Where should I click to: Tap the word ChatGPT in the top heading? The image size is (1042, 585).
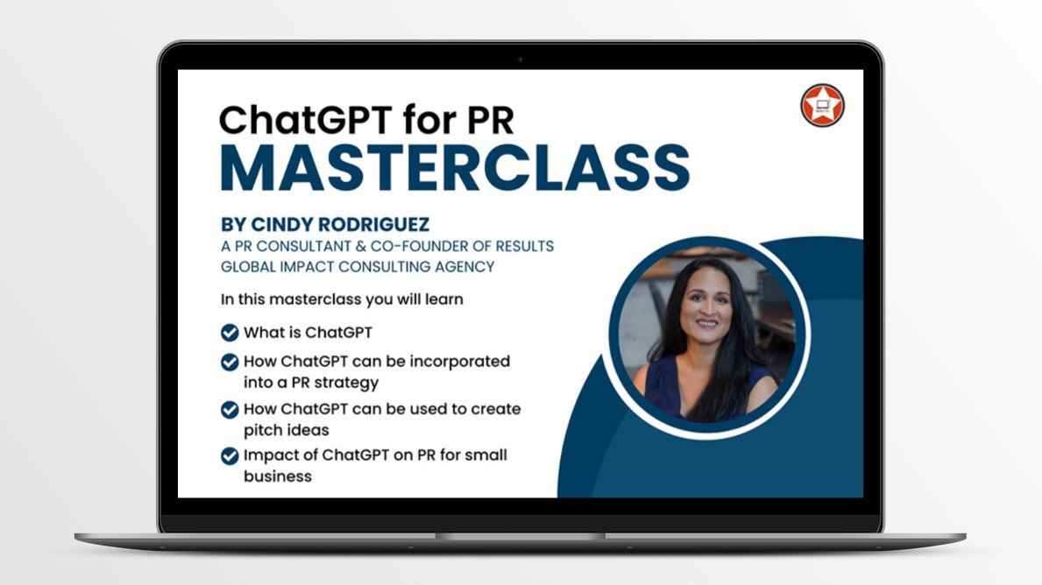click(292, 118)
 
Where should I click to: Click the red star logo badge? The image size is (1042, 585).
click(822, 105)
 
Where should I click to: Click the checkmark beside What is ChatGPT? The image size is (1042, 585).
click(230, 333)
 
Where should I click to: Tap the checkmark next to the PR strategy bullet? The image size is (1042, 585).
click(230, 362)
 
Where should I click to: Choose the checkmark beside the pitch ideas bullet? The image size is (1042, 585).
click(230, 409)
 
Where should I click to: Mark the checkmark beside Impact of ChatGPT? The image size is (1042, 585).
click(230, 456)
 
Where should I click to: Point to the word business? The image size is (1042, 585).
click(278, 477)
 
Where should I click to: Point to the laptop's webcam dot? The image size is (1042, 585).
click(521, 60)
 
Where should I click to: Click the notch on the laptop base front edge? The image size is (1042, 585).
click(521, 535)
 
